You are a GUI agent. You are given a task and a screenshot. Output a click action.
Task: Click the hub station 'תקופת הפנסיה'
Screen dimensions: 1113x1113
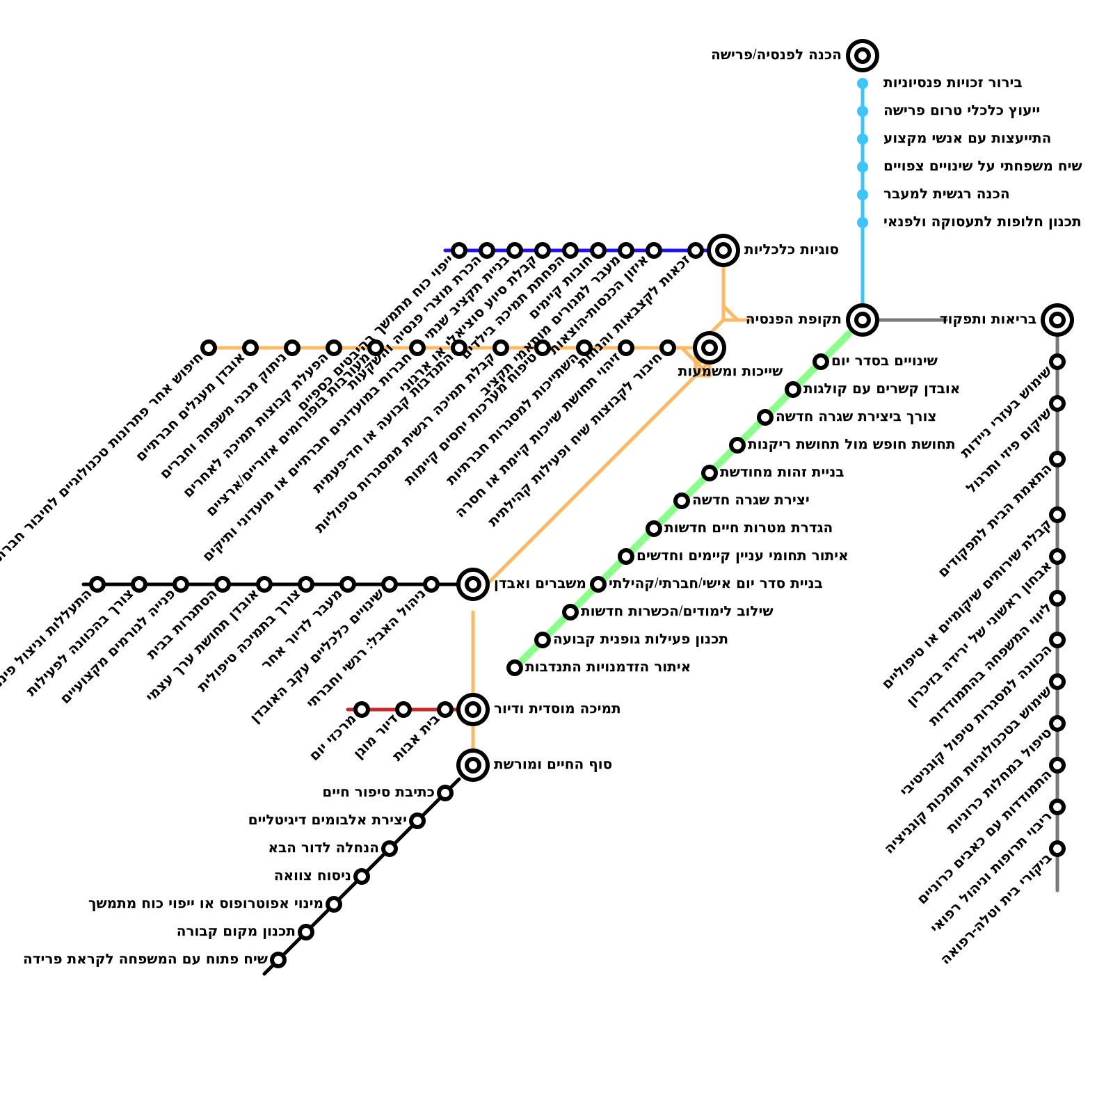[863, 320]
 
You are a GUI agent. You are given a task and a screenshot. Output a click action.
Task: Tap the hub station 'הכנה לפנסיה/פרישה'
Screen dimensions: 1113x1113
[863, 56]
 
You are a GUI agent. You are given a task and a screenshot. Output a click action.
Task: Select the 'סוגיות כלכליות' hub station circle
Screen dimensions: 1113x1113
[723, 250]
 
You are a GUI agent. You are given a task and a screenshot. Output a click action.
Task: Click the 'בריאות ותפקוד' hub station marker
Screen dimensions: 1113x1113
[1057, 320]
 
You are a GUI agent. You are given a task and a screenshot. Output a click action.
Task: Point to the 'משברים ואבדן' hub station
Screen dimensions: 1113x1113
[473, 584]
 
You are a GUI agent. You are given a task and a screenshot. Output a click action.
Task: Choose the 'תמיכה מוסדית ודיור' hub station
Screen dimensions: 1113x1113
[473, 710]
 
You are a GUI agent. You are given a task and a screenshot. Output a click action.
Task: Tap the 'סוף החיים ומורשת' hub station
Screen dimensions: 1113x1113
[473, 765]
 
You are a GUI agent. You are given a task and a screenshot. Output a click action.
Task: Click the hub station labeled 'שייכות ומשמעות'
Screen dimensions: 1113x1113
[710, 348]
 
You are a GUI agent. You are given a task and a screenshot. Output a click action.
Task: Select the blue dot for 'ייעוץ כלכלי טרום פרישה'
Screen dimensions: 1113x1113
[863, 111]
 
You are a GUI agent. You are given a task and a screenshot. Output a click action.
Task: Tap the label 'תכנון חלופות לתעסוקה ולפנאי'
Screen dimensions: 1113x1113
[982, 223]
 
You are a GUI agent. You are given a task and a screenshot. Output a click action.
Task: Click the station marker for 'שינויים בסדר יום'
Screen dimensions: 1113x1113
[821, 362]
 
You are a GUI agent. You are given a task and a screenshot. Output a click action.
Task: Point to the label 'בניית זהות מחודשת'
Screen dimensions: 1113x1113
[781, 473]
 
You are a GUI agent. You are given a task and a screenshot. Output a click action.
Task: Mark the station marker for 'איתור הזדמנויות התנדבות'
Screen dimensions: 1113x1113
[515, 668]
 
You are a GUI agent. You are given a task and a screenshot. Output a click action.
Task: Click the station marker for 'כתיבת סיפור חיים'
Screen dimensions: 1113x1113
[445, 793]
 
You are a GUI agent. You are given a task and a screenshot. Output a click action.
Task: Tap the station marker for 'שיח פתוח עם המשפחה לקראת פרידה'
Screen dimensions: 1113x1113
[278, 960]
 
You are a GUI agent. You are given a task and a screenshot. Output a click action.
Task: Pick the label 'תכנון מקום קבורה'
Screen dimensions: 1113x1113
[236, 932]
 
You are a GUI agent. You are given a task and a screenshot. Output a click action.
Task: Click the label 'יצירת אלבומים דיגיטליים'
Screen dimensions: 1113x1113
[327, 821]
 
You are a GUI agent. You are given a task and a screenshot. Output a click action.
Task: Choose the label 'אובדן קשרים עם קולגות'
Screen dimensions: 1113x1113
[881, 390]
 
